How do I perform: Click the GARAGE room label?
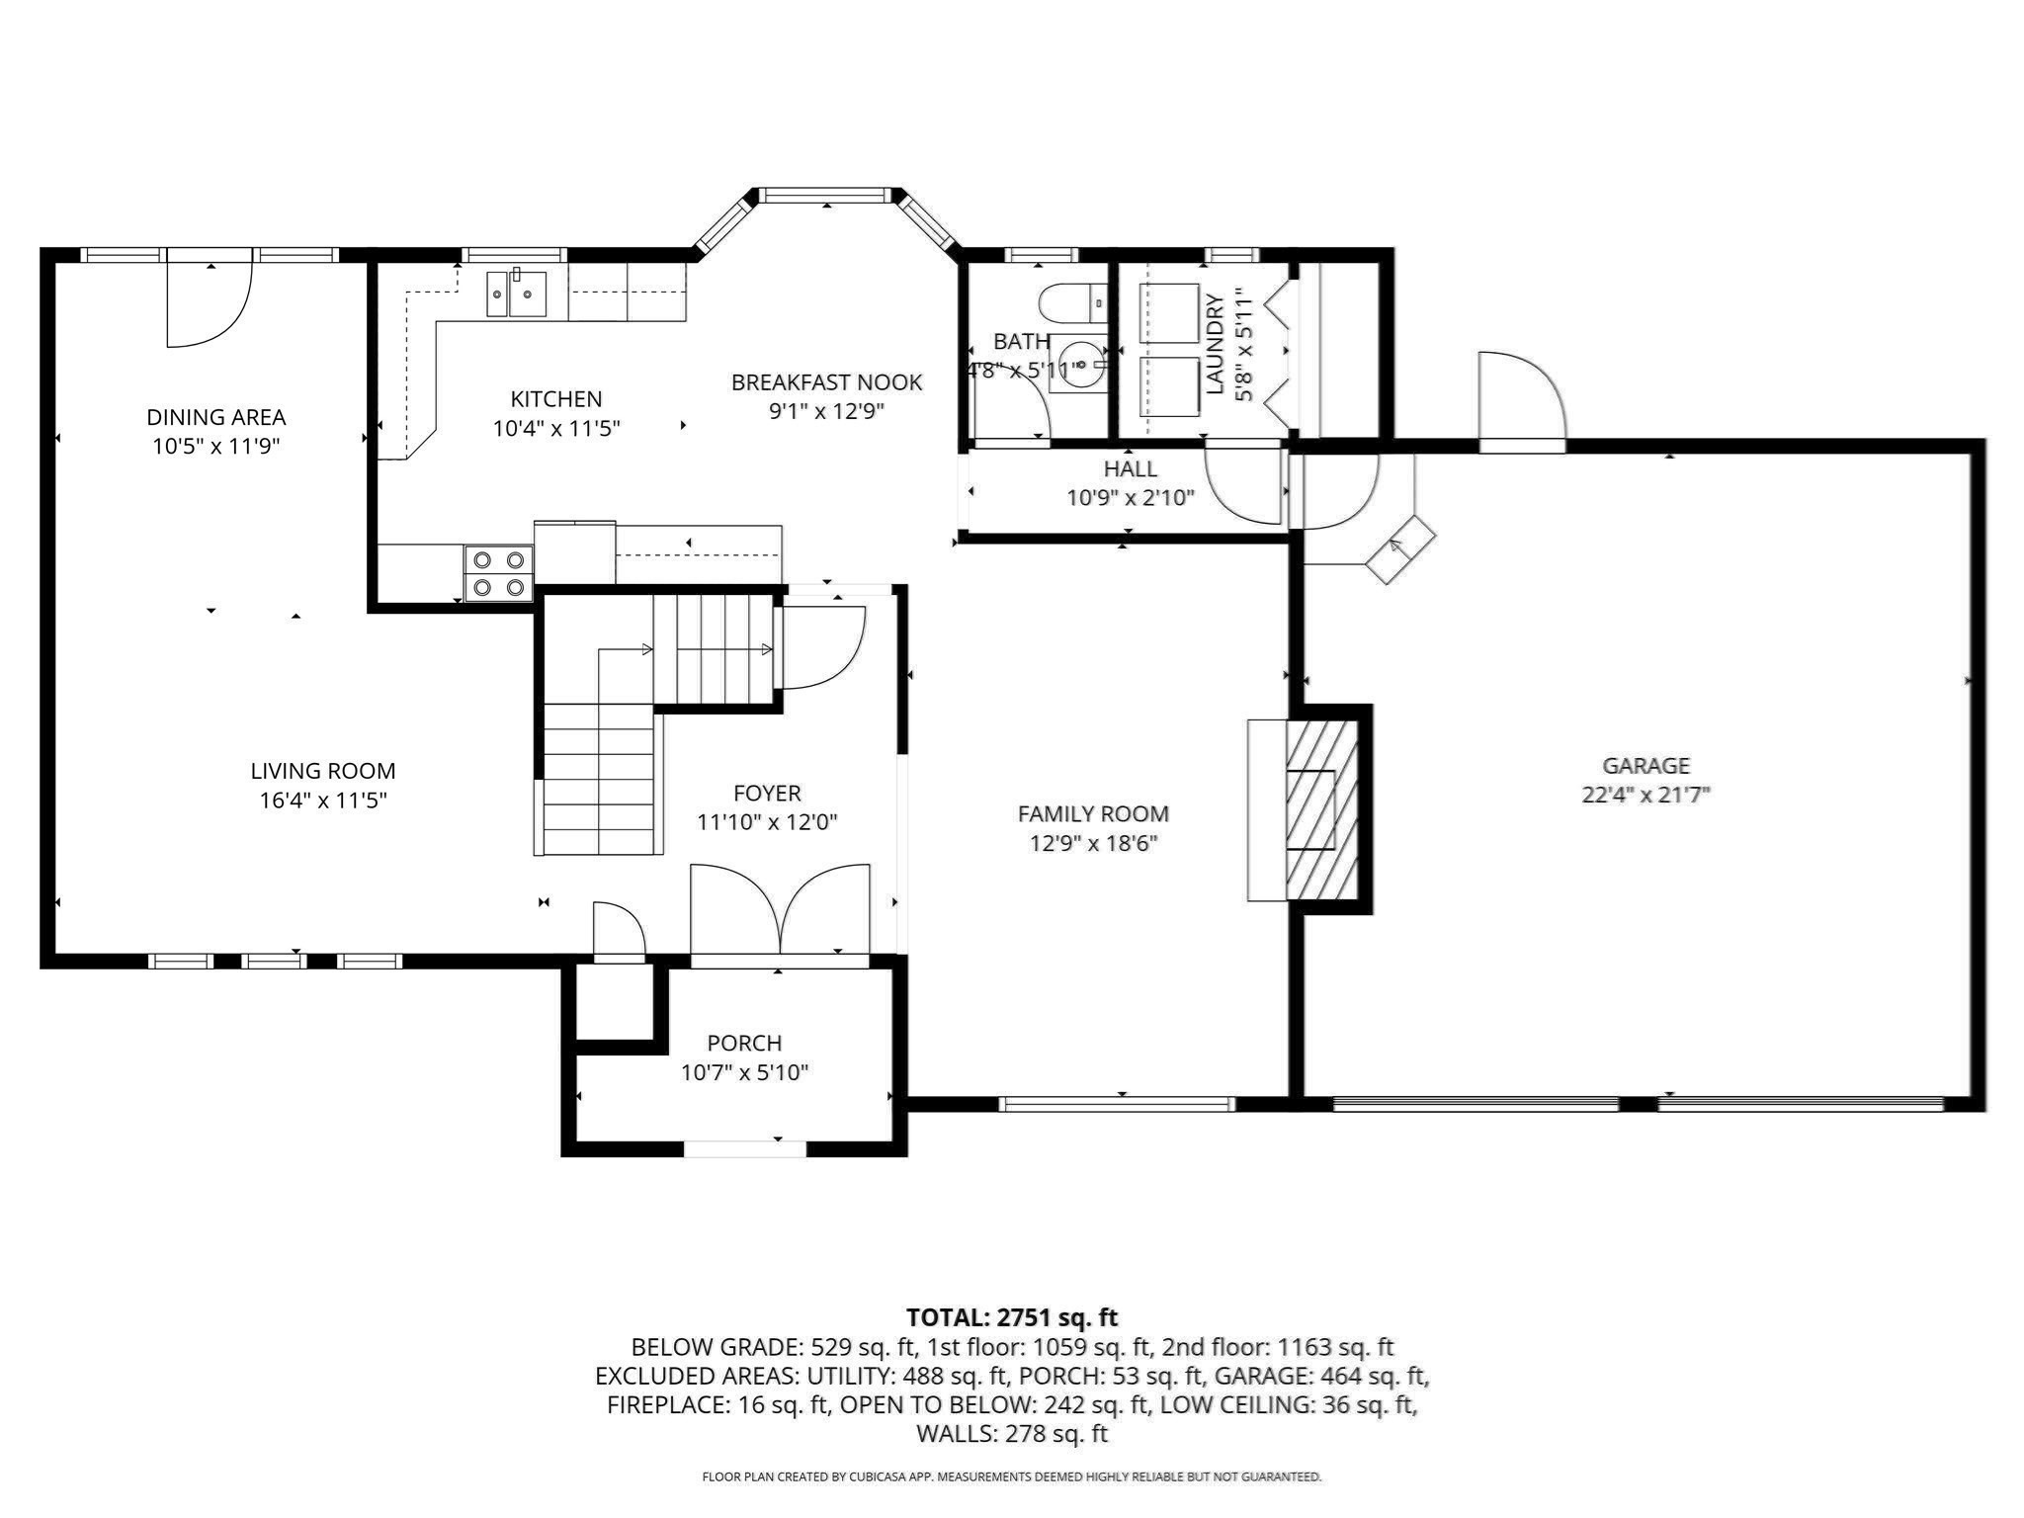[x=1645, y=765]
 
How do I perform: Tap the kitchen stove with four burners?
[x=499, y=573]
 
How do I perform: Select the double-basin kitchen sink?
[x=517, y=294]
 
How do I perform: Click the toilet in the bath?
[x=1071, y=302]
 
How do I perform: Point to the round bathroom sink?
[x=1080, y=364]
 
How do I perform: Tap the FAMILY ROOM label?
[x=1093, y=813]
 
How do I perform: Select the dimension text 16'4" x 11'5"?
[x=323, y=800]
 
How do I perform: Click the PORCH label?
[x=744, y=1043]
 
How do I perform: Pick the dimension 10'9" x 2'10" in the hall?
[x=1131, y=497]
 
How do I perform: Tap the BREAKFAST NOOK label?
[x=826, y=382]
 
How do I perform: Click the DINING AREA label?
[x=216, y=417]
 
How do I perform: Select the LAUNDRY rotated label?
[x=1215, y=344]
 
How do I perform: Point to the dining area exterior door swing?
[x=210, y=303]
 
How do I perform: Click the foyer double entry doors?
[x=780, y=909]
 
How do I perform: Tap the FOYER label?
[x=767, y=793]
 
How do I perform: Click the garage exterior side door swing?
[x=1522, y=396]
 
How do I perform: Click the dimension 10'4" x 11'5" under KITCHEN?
[x=556, y=428]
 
